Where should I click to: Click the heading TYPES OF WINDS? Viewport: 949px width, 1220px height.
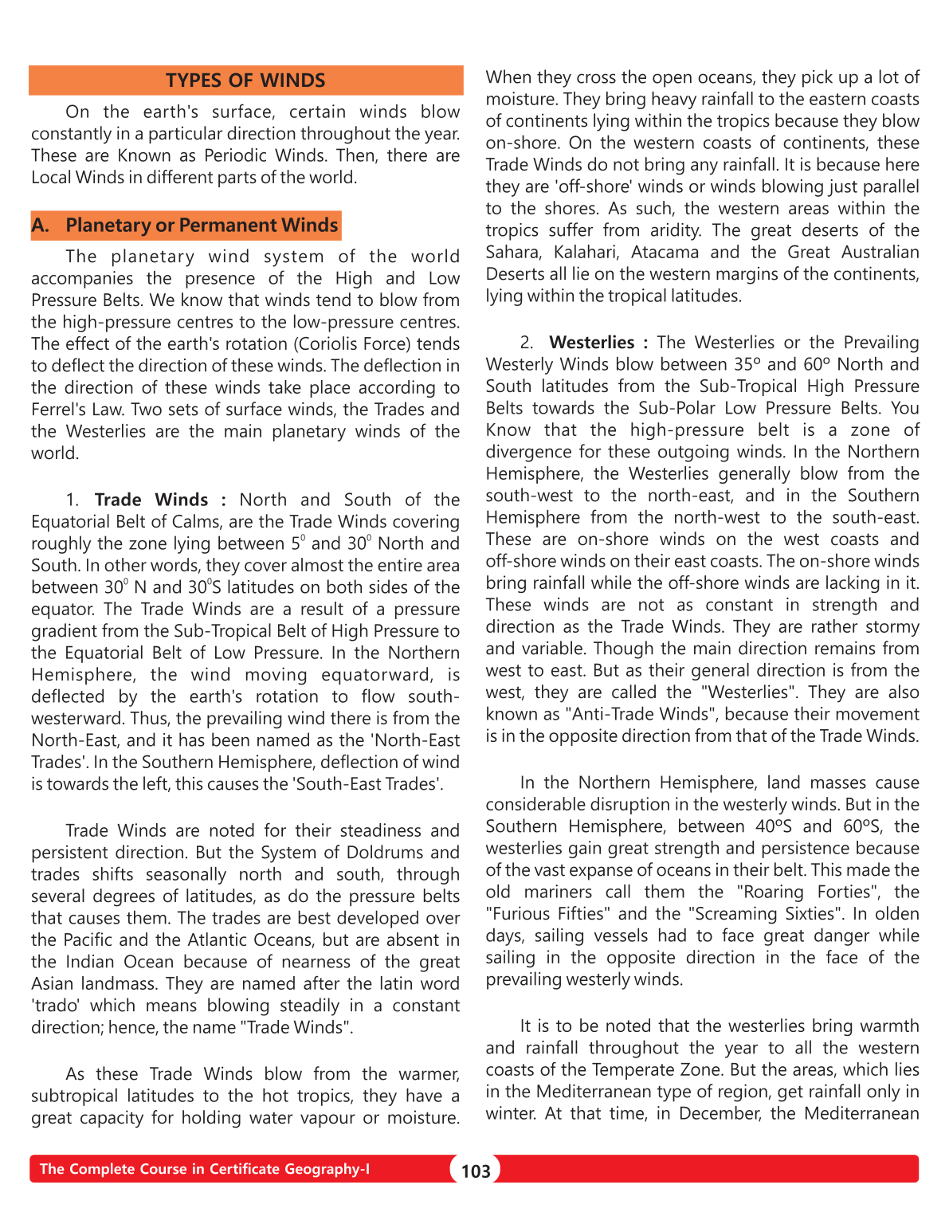coord(245,80)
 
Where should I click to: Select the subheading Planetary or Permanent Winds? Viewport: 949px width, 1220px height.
coord(202,226)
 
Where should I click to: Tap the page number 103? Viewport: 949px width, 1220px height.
coord(476,1171)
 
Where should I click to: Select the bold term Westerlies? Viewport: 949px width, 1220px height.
coord(591,343)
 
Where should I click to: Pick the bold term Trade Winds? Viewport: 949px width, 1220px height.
coord(151,500)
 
